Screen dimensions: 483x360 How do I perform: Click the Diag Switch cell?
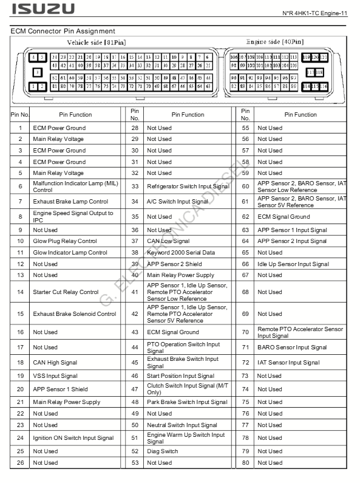[x=162, y=451]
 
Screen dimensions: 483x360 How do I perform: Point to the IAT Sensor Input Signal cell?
[x=288, y=363]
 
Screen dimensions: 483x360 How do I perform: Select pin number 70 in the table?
[x=245, y=332]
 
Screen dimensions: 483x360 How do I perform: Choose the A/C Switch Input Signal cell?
[x=177, y=201]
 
